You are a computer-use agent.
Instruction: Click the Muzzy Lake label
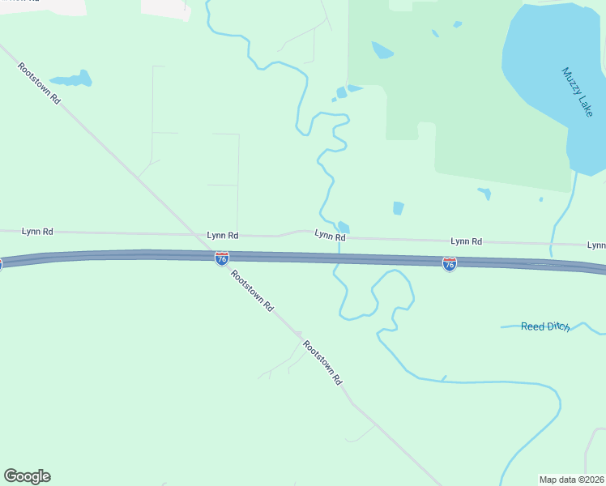[x=578, y=92]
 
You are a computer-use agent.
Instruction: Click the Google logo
[x=27, y=476]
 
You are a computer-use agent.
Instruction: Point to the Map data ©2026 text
[x=571, y=479]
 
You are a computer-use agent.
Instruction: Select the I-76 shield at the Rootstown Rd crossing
[x=221, y=258]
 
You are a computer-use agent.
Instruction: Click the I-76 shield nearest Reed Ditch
[x=449, y=264]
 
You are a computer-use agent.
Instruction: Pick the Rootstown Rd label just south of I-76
[x=251, y=291]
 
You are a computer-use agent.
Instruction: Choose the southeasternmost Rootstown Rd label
[x=322, y=362]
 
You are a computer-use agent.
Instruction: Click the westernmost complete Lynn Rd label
[x=37, y=231]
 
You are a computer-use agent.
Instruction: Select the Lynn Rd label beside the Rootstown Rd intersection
[x=222, y=235]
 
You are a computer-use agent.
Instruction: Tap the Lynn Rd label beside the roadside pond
[x=330, y=236]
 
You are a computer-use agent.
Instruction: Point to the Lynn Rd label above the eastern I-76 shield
[x=466, y=241]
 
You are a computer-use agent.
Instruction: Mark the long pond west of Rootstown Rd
[x=73, y=79]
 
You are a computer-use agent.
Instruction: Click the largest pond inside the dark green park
[x=381, y=50]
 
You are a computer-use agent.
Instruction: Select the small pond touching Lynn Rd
[x=344, y=227]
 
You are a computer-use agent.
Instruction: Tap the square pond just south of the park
[x=398, y=208]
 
